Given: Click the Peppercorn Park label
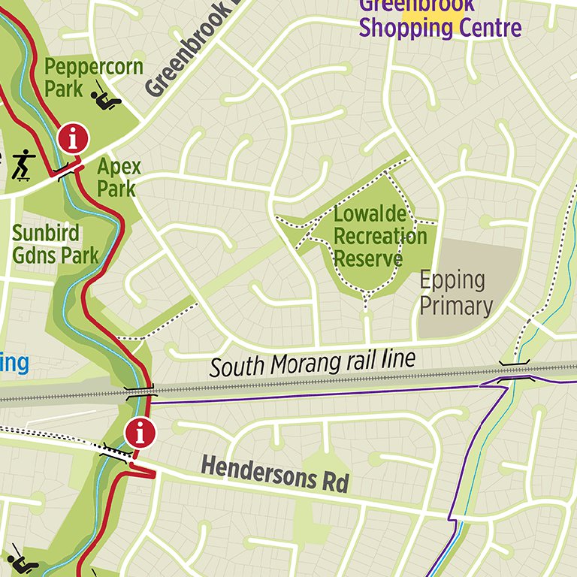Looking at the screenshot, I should pos(92,77).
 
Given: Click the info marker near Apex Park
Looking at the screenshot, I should pos(73,137).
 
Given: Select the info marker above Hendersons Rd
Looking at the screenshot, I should pos(139,434).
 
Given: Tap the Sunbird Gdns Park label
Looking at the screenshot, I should pos(55,244).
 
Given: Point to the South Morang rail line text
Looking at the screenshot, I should pos(312,363).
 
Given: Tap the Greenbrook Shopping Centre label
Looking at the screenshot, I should pos(439,18).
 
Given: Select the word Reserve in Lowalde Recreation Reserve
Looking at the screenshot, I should pos(368,259).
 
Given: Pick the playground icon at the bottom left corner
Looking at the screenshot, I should pos(23,559).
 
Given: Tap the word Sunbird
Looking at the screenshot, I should pos(45,233).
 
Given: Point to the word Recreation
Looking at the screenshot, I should pos(380,237).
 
